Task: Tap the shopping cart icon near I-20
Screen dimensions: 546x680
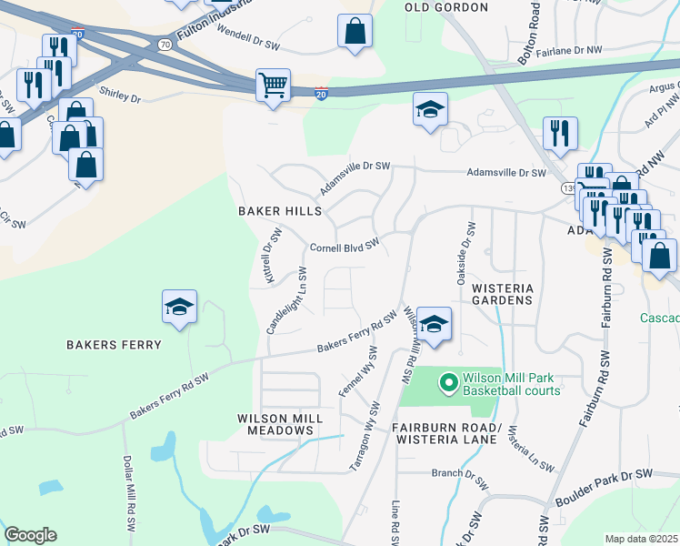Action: pyautogui.click(x=273, y=86)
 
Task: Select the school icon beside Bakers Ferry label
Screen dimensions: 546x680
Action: pyautogui.click(x=179, y=308)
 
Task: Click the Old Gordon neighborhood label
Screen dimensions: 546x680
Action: pyautogui.click(x=446, y=7)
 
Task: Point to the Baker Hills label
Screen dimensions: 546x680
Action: pyautogui.click(x=280, y=211)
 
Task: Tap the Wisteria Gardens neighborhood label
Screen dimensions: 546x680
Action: pyautogui.click(x=501, y=293)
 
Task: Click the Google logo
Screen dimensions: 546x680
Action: pyautogui.click(x=30, y=535)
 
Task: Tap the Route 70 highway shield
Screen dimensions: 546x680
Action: pyautogui.click(x=164, y=44)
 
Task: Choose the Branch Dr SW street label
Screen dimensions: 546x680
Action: pyautogui.click(x=459, y=473)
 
